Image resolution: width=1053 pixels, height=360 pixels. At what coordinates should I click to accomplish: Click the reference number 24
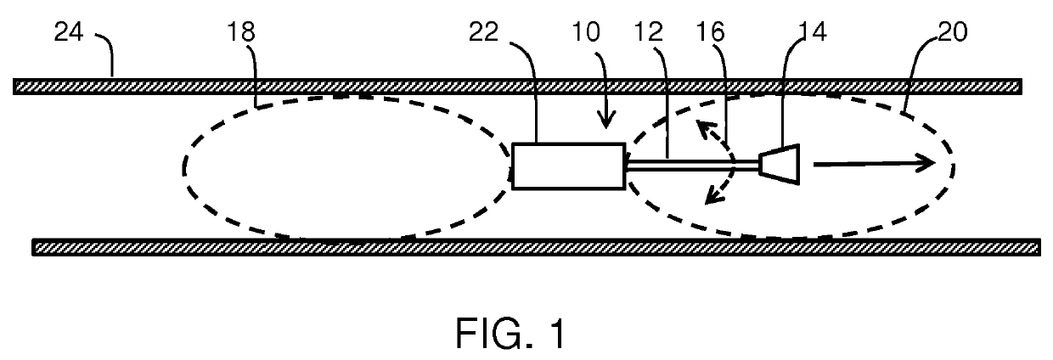coord(70,35)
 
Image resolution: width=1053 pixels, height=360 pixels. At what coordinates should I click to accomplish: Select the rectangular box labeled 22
coord(568,165)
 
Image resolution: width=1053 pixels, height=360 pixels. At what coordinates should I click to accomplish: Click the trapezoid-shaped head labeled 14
coord(780,164)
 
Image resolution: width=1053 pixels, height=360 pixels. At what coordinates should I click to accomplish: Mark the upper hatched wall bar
coord(516,86)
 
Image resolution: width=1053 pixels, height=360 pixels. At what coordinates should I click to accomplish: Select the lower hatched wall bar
coord(535,247)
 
